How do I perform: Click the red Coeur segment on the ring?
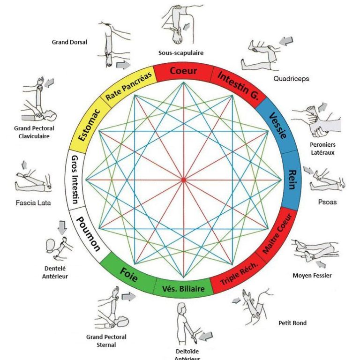[183, 71]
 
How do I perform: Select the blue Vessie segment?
[278, 126]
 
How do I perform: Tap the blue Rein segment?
[292, 180]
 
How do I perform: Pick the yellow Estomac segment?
[89, 125]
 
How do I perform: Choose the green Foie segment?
[128, 275]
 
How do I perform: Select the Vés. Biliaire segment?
[183, 289]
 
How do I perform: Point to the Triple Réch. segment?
[239, 274]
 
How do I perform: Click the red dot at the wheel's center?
[183, 180]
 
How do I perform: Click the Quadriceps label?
[291, 79]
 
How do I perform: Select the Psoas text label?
[327, 202]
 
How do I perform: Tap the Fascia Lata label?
[33, 202]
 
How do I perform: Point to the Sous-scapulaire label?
[181, 53]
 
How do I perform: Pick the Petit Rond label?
[292, 323]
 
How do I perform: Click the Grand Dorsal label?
[69, 42]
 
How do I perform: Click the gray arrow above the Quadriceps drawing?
[286, 41]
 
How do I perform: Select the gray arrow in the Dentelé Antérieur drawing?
[62, 227]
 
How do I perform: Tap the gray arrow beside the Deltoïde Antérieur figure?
[205, 337]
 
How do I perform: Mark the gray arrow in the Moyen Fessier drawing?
[321, 264]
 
